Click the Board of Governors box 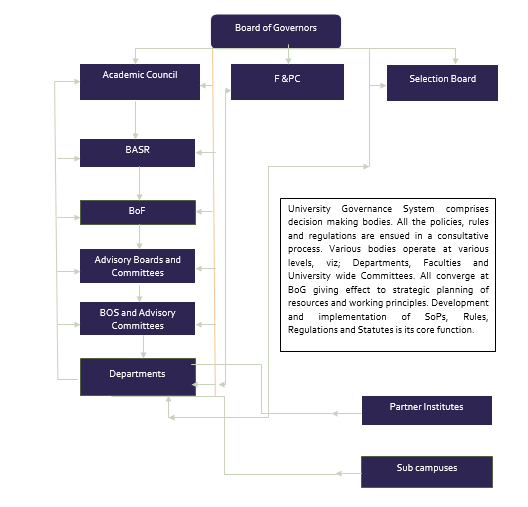pyautogui.click(x=276, y=31)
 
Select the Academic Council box pyautogui.click(x=140, y=82)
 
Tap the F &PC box pyautogui.click(x=287, y=82)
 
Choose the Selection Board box pyautogui.click(x=442, y=83)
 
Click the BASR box pyautogui.click(x=137, y=153)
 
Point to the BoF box pyautogui.click(x=138, y=212)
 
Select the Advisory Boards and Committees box pyautogui.click(x=137, y=266)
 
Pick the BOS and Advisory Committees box pyautogui.click(x=137, y=318)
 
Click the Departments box pyautogui.click(x=138, y=377)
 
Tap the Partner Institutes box pyautogui.click(x=427, y=410)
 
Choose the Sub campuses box pyautogui.click(x=427, y=472)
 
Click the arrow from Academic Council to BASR pyautogui.click(x=135, y=120)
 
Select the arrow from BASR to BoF pyautogui.click(x=139, y=183)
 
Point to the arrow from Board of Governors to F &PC pyautogui.click(x=288, y=54)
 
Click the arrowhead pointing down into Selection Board pyautogui.click(x=455, y=61)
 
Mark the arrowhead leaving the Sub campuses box pyautogui.click(x=339, y=473)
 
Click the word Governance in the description pyautogui.click(x=367, y=209)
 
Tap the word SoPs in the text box pyautogui.click(x=436, y=317)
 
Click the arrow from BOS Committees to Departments pyautogui.click(x=143, y=346)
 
